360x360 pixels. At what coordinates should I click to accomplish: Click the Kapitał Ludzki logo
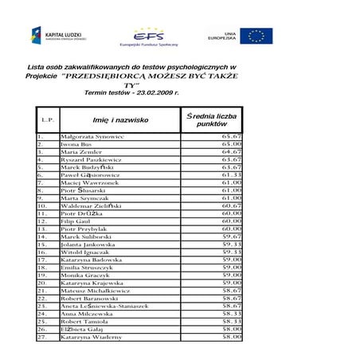point(55,36)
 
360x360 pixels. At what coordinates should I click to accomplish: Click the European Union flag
point(256,36)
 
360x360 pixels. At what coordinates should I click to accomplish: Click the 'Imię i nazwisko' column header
point(120,120)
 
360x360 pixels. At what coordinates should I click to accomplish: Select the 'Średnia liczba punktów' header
point(212,120)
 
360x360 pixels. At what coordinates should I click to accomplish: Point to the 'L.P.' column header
point(47,121)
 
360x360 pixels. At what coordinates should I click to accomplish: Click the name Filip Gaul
point(76,221)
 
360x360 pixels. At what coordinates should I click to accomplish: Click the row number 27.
point(42,337)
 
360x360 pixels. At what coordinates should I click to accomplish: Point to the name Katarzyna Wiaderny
point(92,337)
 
